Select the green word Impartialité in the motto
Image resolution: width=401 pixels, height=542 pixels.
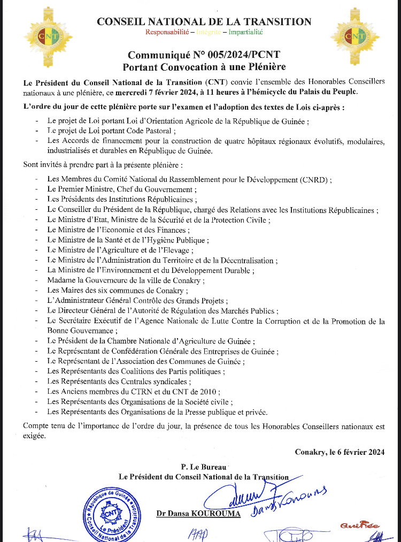246,32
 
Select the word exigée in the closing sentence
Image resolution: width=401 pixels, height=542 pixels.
35,436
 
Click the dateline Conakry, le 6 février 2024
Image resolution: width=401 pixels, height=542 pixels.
340,452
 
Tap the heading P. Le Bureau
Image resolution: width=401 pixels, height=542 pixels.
204,467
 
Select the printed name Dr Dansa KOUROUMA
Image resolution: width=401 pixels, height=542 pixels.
198,514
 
